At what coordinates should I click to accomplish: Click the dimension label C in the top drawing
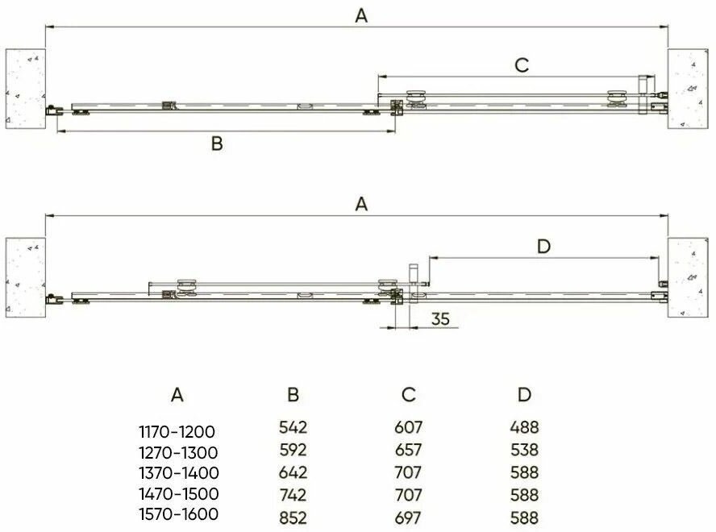tap(522, 65)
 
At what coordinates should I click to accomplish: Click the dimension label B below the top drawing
tap(217, 143)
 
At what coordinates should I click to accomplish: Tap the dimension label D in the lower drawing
tap(543, 247)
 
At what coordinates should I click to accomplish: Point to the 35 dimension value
tap(440, 318)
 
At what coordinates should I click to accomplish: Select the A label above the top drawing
tap(361, 16)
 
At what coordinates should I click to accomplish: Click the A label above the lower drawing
tap(361, 204)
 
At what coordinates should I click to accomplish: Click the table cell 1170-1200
tap(177, 431)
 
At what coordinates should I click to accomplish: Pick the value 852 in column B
tap(293, 517)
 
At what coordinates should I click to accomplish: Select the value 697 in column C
tap(408, 517)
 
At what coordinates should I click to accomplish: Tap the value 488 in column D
tap(524, 427)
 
